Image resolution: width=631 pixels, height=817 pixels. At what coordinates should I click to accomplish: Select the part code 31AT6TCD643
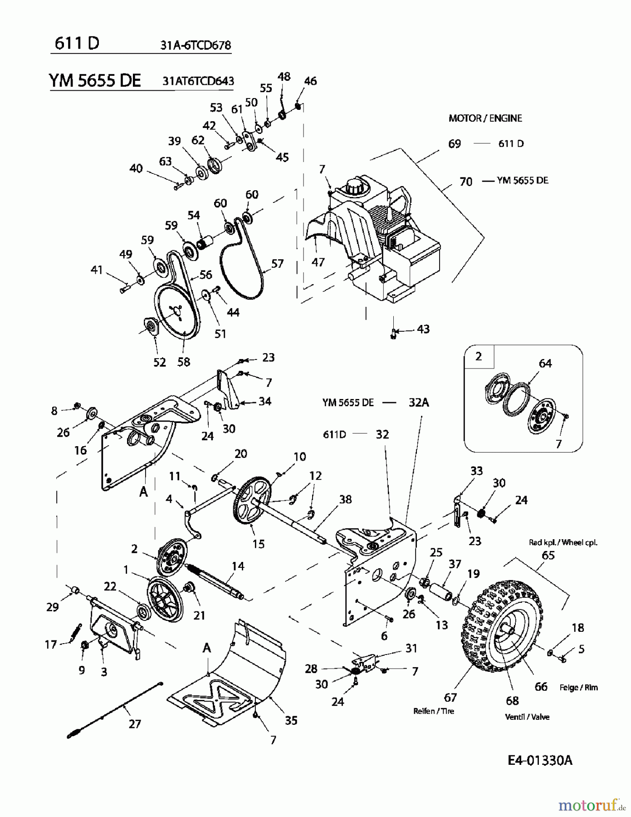(x=198, y=81)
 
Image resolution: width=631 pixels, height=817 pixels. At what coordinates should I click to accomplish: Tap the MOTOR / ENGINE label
(x=485, y=118)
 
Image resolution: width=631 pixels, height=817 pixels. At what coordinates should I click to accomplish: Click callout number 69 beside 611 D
(x=454, y=144)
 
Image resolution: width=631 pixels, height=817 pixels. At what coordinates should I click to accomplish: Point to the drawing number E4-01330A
(x=539, y=760)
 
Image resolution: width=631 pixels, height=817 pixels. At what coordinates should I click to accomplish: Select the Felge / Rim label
(x=578, y=688)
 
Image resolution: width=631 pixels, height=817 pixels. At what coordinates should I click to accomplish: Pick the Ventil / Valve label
(x=527, y=717)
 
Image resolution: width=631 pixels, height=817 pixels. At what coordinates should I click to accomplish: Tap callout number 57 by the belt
(x=277, y=263)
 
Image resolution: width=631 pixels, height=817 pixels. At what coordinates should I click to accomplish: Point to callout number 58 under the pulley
(x=184, y=362)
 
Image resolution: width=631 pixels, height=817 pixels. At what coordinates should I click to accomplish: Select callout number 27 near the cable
(x=135, y=723)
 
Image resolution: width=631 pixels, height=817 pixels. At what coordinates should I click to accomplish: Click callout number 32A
(x=418, y=402)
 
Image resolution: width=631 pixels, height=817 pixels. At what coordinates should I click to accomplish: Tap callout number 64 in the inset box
(x=545, y=363)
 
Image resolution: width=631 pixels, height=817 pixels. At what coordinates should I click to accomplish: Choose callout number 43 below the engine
(x=423, y=329)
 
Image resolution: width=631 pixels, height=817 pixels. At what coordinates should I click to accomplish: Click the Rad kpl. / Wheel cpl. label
(x=563, y=542)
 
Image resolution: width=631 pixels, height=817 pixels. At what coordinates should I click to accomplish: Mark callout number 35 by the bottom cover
(x=291, y=720)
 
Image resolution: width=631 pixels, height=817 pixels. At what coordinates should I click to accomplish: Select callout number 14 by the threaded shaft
(x=238, y=566)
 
